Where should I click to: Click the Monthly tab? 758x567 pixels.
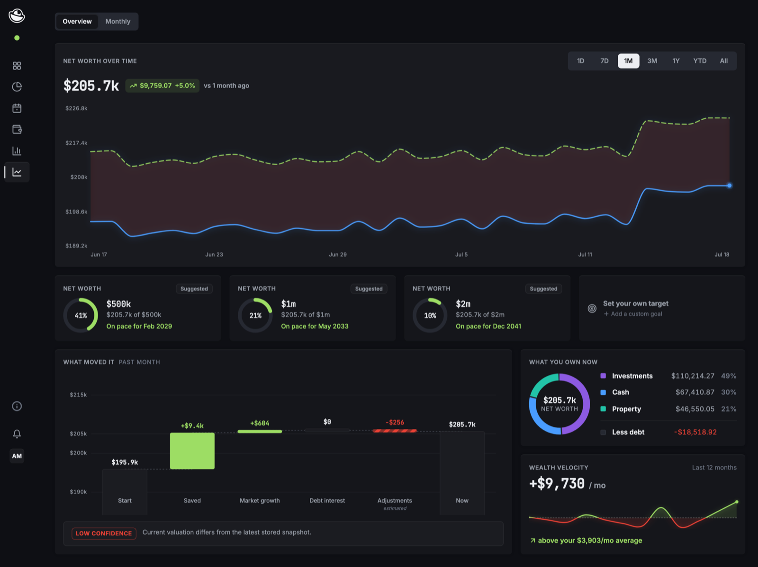point(118,21)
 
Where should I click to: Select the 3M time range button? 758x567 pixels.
point(652,61)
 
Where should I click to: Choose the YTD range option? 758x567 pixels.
point(700,61)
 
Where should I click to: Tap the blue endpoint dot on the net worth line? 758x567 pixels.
point(729,186)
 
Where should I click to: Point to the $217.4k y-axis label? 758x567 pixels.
point(76,143)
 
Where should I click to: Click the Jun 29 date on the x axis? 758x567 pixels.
point(338,255)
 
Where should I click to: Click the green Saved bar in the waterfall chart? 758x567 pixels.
point(192,451)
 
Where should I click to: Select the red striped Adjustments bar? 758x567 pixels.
point(395,431)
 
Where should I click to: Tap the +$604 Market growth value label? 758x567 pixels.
point(260,423)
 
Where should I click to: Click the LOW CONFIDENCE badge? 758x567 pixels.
point(104,533)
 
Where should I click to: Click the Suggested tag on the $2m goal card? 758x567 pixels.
point(543,289)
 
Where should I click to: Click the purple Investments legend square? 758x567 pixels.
point(603,376)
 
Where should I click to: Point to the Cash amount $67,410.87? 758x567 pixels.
point(695,392)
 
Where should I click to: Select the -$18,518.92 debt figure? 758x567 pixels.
point(695,432)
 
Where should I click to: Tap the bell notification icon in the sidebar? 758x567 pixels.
point(17,434)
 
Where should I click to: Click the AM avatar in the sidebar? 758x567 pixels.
point(17,456)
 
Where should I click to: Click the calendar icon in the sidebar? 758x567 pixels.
point(17,108)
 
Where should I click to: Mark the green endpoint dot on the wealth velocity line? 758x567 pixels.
point(737,502)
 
